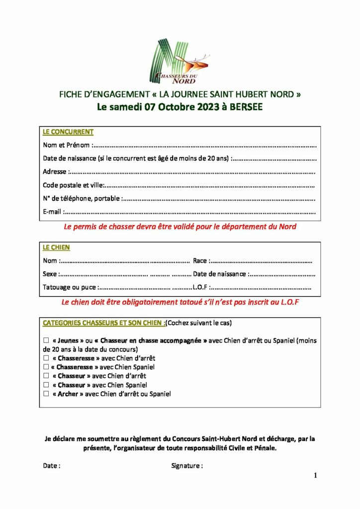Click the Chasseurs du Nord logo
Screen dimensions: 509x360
coord(180,62)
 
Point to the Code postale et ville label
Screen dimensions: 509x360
coord(73,185)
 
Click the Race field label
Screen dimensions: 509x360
coord(200,260)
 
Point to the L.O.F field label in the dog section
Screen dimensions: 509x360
coord(200,287)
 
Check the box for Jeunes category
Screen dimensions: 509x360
coord(46,341)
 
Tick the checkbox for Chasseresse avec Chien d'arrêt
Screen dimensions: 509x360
coord(46,358)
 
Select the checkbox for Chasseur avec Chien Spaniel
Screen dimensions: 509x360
coord(46,385)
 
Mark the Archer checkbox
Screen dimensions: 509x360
coord(46,394)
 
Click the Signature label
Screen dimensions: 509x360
coord(186,466)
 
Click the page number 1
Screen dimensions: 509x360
coord(315,476)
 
